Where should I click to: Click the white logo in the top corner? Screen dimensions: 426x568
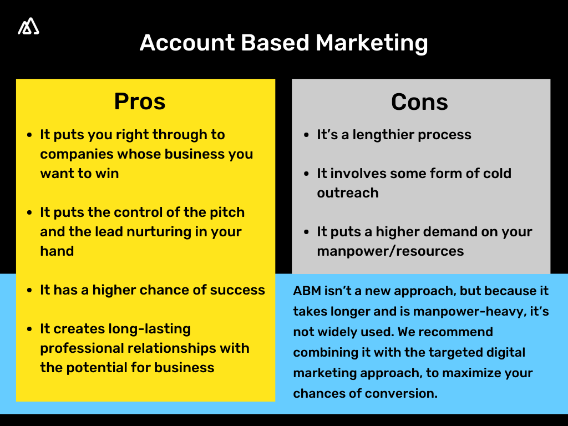coord(28,27)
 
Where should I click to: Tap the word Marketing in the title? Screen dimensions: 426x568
coord(372,43)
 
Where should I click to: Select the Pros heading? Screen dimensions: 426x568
coord(140,102)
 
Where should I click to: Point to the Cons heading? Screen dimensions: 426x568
coord(419,102)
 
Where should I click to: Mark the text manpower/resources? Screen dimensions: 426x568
coord(390,251)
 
